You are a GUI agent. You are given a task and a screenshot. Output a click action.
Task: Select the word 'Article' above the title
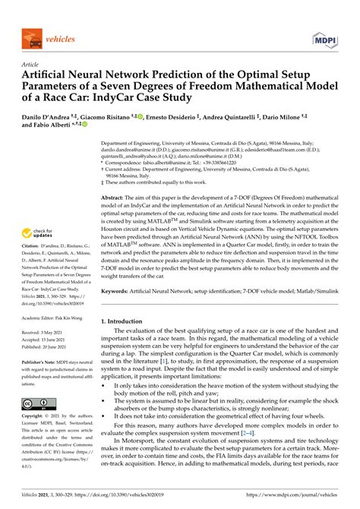tap(30, 65)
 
